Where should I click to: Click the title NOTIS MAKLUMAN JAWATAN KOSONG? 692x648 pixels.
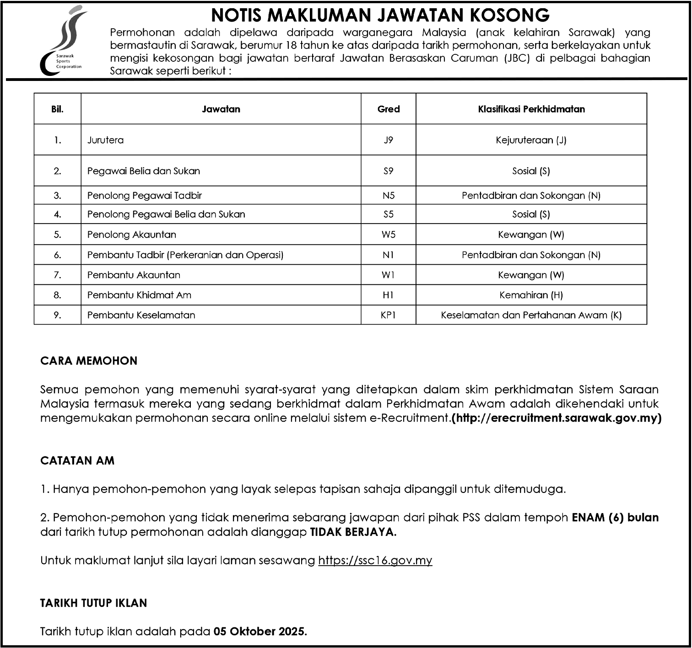[x=380, y=15]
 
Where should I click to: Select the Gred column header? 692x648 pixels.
[x=388, y=109]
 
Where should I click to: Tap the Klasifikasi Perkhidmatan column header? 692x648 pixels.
[x=531, y=109]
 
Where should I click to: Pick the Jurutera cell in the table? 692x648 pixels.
[x=106, y=140]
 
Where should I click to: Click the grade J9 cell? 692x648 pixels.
[x=388, y=140]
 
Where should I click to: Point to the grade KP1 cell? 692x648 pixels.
[x=388, y=315]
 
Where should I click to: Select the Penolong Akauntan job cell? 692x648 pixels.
[x=132, y=235]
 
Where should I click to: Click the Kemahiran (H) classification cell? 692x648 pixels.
[x=531, y=295]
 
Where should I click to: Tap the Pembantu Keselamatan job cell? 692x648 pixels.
[x=141, y=315]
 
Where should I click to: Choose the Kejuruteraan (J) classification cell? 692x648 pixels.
[x=531, y=140]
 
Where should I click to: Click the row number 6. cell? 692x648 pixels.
[x=57, y=255]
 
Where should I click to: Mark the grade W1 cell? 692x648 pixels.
[x=388, y=275]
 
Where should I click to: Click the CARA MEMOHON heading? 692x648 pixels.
[x=89, y=361]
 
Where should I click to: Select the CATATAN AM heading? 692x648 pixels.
[x=77, y=461]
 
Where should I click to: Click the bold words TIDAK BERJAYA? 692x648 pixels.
[x=353, y=532]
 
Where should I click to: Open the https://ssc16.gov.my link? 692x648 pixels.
[x=375, y=560]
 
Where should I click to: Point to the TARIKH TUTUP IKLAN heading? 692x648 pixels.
[x=94, y=603]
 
